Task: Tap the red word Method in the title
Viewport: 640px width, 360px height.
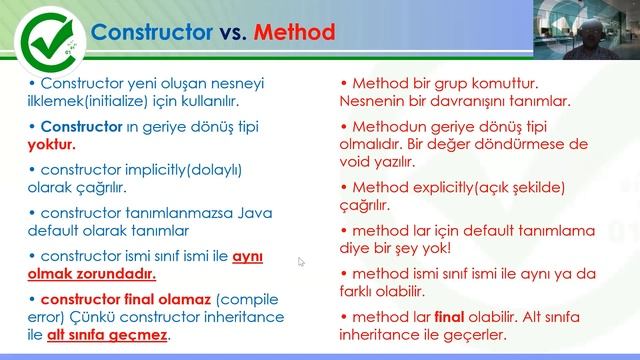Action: click(293, 32)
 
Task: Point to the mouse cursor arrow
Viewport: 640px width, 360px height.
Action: click(301, 263)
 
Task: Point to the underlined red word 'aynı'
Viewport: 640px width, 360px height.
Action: click(247, 255)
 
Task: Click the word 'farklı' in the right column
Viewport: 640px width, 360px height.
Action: click(362, 293)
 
